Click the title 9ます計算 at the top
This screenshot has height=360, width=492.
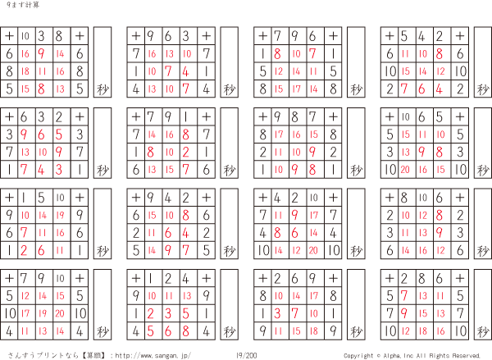pyautogui.click(x=23, y=5)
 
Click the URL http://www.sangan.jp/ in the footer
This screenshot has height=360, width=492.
pyautogui.click(x=153, y=356)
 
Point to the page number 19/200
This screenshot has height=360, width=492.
pyautogui.click(x=246, y=356)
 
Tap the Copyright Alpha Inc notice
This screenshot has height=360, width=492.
pyautogui.click(x=412, y=356)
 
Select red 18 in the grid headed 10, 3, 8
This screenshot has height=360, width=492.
pyautogui.click(x=25, y=71)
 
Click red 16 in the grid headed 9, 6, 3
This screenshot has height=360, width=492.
pyautogui.click(x=152, y=53)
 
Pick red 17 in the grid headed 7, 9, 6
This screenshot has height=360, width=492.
pyautogui.click(x=296, y=89)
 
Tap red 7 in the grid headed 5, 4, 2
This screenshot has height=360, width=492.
pyautogui.click(x=404, y=89)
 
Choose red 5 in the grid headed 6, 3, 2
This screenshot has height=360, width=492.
pyautogui.click(x=59, y=134)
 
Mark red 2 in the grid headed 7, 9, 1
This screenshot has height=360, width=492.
pyautogui.click(x=186, y=153)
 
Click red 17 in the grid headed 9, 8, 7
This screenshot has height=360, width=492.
pyautogui.click(x=279, y=134)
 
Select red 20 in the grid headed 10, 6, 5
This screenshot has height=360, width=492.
pyautogui.click(x=405, y=170)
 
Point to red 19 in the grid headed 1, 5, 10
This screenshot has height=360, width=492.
pyautogui.click(x=60, y=216)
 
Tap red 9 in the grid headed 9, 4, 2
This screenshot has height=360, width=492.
pyautogui.click(x=168, y=250)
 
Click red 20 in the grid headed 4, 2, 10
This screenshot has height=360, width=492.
pyautogui.click(x=313, y=250)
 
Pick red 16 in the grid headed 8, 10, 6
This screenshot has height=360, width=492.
pyautogui.click(x=423, y=250)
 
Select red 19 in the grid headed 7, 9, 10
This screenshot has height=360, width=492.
pyautogui.click(x=43, y=313)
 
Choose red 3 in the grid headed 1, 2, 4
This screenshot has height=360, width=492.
pyautogui.click(x=168, y=313)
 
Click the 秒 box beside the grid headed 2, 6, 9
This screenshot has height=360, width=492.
pyautogui.click(x=356, y=304)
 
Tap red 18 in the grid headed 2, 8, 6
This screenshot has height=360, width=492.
pyautogui.click(x=423, y=331)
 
